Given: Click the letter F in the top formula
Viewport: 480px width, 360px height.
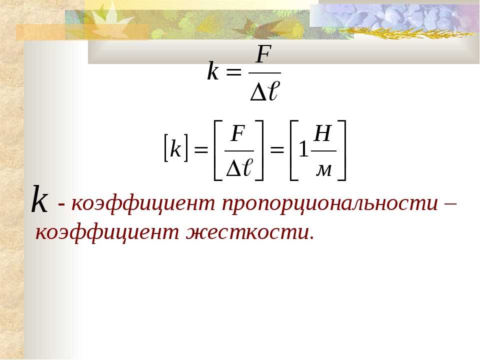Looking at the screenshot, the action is [263, 55].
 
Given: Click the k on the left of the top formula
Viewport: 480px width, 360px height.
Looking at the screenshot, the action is [213, 71].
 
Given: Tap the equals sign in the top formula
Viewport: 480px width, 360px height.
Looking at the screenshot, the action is [233, 73].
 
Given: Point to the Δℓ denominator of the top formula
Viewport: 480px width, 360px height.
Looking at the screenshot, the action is [264, 90].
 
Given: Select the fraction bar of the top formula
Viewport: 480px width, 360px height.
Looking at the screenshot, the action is [264, 73].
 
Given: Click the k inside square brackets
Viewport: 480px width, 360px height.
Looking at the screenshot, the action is [175, 148].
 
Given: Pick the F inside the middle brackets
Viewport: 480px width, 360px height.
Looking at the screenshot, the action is [238, 134].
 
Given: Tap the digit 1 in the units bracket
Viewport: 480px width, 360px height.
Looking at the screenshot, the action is [303, 149].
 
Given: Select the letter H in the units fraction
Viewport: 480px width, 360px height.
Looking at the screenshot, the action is [322, 134].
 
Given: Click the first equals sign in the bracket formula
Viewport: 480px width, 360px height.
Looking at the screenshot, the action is [201, 150].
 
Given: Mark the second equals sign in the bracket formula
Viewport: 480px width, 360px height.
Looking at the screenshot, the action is [276, 150].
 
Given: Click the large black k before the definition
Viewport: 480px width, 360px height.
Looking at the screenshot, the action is [40, 199].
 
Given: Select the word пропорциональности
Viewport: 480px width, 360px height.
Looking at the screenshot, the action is [330, 203].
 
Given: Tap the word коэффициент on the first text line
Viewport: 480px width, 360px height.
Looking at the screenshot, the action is [144, 203].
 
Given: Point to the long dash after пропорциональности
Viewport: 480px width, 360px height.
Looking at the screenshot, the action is [450, 204].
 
